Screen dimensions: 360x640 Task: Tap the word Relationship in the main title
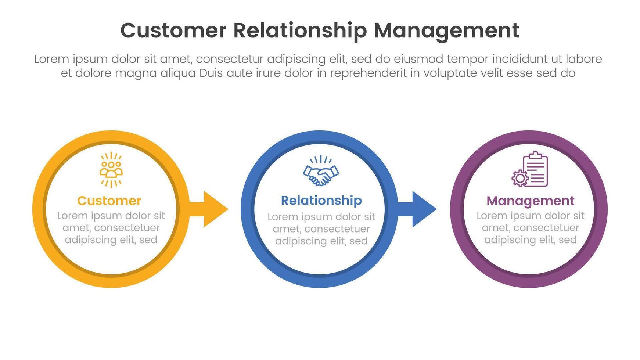point(300,30)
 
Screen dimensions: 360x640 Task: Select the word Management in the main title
point(446,30)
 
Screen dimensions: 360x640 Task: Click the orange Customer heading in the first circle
point(109,201)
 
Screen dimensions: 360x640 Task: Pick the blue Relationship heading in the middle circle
point(321,200)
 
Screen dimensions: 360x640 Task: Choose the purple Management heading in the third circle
point(530,201)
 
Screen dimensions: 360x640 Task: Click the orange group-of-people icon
point(111,170)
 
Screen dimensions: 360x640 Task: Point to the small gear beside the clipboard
point(520,178)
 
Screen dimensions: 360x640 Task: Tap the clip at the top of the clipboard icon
point(536,155)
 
